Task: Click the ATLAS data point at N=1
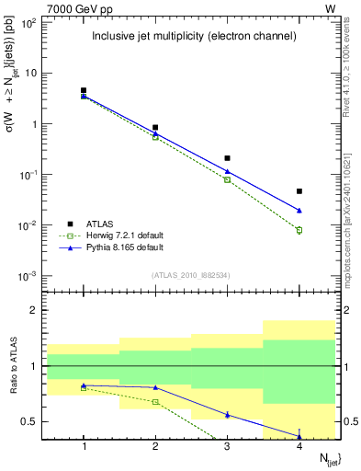tap(84, 90)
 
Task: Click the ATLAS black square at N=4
tap(299, 191)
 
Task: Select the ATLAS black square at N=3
tap(227, 158)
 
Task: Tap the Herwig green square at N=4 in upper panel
tap(299, 230)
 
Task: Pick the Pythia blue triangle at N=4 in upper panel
tap(299, 211)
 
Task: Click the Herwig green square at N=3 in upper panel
tap(227, 179)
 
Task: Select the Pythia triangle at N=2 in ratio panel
tap(155, 387)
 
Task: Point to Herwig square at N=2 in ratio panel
tap(155, 402)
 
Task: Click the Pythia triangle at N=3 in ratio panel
tap(227, 415)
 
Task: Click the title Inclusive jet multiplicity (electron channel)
tap(193, 37)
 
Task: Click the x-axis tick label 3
tap(227, 446)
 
